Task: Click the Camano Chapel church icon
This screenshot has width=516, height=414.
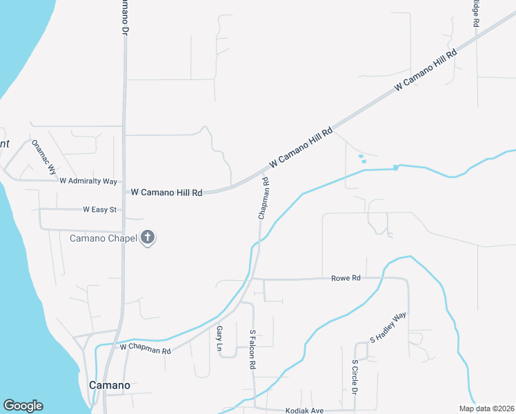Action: (x=147, y=238)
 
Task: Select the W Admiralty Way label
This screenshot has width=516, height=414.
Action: (x=88, y=181)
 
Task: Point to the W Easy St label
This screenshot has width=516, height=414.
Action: (x=100, y=209)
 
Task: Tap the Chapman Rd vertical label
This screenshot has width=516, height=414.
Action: (x=263, y=199)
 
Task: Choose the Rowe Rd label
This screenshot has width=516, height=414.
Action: (x=346, y=278)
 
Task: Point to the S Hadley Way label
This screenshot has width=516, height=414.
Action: (x=388, y=328)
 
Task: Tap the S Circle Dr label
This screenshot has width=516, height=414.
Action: (x=355, y=377)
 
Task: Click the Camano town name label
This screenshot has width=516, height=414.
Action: (x=110, y=384)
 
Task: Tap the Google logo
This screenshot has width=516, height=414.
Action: (x=23, y=406)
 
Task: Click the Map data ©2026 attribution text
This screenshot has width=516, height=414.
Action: (x=486, y=408)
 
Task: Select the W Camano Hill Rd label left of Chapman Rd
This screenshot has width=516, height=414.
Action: (x=166, y=193)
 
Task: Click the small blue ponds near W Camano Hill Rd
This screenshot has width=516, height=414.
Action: (x=361, y=159)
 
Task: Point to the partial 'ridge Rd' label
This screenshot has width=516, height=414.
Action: (x=475, y=13)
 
